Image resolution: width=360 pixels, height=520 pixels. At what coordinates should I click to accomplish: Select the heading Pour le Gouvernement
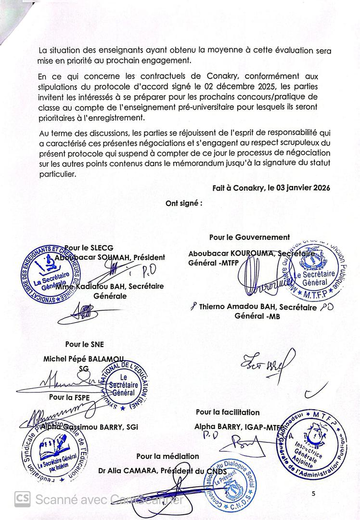[249, 237]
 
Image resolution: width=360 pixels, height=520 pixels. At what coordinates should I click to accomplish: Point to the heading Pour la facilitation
[228, 412]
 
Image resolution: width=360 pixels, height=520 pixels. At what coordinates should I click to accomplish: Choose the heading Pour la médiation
[167, 455]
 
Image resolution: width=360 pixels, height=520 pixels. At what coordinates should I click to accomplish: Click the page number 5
[313, 494]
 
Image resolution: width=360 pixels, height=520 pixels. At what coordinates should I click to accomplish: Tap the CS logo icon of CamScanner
[22, 499]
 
